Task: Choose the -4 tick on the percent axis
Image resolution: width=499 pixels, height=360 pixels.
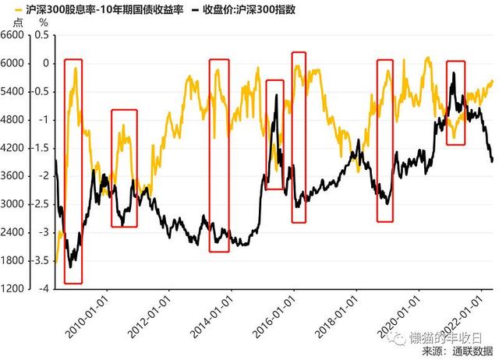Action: coord(44,288)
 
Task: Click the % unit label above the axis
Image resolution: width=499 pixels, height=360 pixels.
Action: coord(44,23)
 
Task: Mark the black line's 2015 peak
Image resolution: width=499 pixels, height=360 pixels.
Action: coord(278,94)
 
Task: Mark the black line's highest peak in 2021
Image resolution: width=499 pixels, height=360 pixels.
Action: coord(454,72)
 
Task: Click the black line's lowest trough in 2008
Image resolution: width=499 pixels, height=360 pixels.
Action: coord(71,267)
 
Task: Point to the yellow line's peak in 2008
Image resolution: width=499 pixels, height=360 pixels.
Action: coord(76,69)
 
